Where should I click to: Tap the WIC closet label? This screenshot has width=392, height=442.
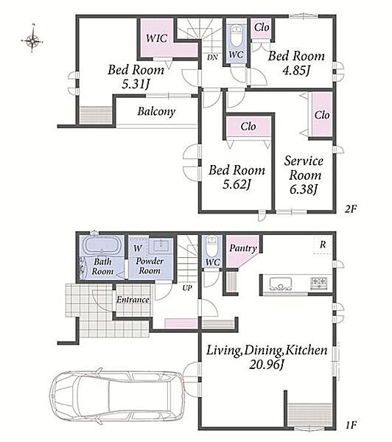[156, 38]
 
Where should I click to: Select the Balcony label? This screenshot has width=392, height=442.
[156, 112]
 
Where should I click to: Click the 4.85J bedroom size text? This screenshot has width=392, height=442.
[296, 70]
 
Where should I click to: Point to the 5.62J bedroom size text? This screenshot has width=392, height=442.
[237, 184]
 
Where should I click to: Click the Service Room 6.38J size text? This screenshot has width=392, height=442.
[304, 189]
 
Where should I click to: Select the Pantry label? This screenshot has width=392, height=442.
[243, 248]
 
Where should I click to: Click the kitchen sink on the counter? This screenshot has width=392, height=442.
[280, 284]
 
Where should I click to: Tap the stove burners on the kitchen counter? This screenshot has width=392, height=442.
[318, 283]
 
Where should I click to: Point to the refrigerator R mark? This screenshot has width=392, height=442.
[323, 245]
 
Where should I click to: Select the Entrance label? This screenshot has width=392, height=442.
[133, 299]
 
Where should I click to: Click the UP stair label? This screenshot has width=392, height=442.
[187, 288]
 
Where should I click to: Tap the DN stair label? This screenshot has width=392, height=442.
[212, 57]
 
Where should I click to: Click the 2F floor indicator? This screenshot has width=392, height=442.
[351, 209]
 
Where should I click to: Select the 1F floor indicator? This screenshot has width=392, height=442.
[351, 424]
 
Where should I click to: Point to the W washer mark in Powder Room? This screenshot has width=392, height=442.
[138, 248]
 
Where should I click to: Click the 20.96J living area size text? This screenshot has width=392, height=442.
[266, 364]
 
